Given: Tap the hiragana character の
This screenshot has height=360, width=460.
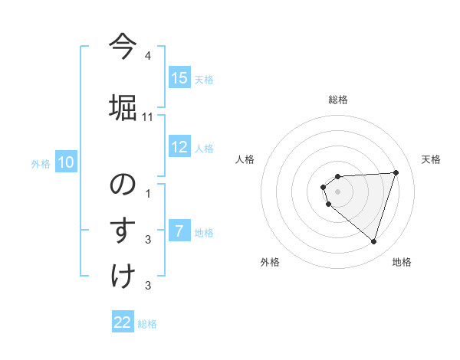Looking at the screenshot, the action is pyautogui.click(x=123, y=184).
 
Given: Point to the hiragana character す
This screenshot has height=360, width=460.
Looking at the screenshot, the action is pyautogui.click(x=123, y=230).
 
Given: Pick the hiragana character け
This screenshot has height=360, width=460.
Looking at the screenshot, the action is pyautogui.click(x=123, y=276).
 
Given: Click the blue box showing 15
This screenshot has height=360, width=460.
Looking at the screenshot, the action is pyautogui.click(x=179, y=78).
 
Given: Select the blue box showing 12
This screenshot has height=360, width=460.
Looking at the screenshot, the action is pyautogui.click(x=179, y=147).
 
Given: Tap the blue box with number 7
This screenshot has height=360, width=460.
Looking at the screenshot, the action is pyautogui.click(x=179, y=231).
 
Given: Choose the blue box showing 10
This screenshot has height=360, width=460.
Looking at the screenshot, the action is pyautogui.click(x=66, y=162).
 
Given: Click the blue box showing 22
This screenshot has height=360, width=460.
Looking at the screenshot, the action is pyautogui.click(x=123, y=322).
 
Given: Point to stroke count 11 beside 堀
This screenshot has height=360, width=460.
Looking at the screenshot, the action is pyautogui.click(x=148, y=117).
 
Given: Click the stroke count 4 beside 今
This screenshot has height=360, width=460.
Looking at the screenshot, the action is pyautogui.click(x=148, y=56).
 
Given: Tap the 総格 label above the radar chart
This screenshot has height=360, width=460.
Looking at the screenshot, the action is pyautogui.click(x=338, y=100).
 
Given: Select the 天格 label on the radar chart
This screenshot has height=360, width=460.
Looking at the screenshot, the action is pyautogui.click(x=431, y=159).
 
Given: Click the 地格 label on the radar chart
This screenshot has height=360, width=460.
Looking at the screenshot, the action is pyautogui.click(x=402, y=262).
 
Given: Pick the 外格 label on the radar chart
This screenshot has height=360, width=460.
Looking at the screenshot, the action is pyautogui.click(x=270, y=262).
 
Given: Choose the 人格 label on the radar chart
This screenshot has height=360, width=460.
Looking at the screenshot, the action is pyautogui.click(x=245, y=159).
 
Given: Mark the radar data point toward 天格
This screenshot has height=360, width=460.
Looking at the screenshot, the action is pyautogui.click(x=396, y=172).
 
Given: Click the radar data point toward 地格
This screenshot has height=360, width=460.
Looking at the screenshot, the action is pyautogui.click(x=373, y=242).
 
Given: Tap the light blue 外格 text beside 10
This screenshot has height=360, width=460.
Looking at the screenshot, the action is pyautogui.click(x=40, y=163).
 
